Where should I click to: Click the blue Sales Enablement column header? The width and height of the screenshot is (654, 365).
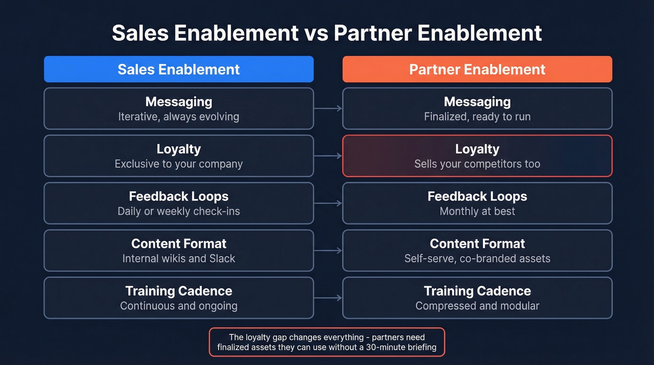tap(178, 69)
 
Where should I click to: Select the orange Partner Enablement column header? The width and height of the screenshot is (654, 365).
tap(477, 69)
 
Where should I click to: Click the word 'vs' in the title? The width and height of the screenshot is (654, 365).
tap(316, 33)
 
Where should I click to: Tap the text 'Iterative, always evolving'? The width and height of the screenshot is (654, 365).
tap(178, 116)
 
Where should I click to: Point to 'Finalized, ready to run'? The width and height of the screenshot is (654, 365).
tap(477, 116)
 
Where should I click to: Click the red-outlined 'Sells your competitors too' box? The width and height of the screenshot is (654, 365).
tap(477, 156)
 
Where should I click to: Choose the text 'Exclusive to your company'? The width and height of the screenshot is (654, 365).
tap(178, 164)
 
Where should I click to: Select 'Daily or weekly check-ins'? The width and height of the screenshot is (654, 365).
tap(178, 211)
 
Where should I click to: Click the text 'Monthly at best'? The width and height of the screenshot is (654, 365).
tap(477, 211)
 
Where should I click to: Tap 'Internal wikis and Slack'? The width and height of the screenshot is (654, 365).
tap(178, 258)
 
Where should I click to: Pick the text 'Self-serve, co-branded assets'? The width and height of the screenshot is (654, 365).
tap(477, 258)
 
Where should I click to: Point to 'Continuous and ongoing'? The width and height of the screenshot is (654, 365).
tap(178, 306)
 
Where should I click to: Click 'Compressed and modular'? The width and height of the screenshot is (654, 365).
tap(477, 306)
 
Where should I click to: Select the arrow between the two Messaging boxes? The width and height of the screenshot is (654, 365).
tap(328, 108)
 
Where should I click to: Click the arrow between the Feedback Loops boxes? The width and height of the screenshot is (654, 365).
tap(328, 203)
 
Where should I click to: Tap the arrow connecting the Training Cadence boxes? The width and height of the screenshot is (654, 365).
tap(328, 298)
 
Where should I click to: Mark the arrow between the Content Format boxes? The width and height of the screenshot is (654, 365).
tap(328, 250)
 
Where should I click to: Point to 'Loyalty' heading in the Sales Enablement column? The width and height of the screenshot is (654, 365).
tap(178, 149)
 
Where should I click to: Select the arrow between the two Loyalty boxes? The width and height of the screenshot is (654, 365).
tap(328, 156)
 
